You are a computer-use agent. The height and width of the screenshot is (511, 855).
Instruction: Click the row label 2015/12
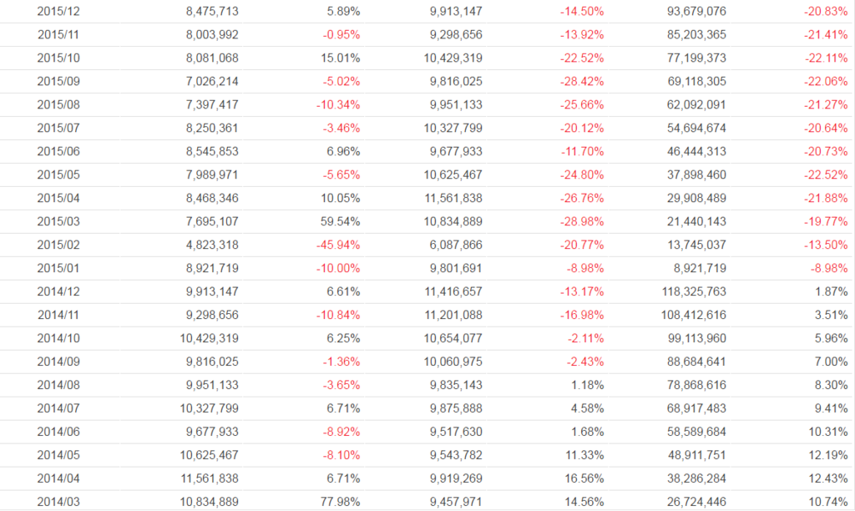click(x=58, y=12)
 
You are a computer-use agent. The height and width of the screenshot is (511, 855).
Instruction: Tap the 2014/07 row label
click(x=58, y=409)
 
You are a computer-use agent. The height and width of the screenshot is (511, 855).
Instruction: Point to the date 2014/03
click(x=58, y=503)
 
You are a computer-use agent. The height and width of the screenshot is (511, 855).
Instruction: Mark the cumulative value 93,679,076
click(x=691, y=12)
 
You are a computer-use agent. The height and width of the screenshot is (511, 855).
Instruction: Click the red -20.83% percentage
click(x=826, y=12)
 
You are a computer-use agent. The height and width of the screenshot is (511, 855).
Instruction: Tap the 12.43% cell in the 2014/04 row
click(x=828, y=479)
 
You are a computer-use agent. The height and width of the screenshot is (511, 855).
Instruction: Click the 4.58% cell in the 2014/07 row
click(x=588, y=409)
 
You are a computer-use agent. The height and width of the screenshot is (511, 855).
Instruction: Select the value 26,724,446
click(x=691, y=503)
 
